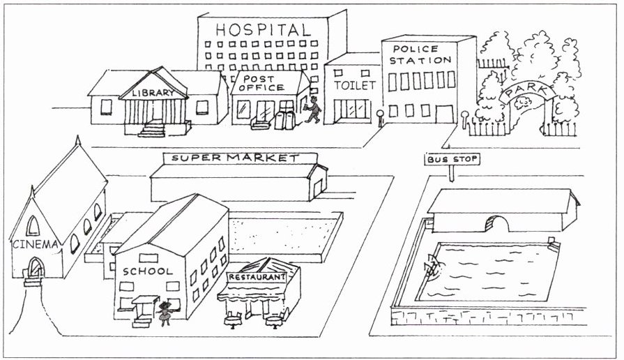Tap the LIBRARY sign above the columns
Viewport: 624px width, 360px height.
pos(153,93)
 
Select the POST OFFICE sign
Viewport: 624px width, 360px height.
pos(263,83)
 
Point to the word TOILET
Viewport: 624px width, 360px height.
pos(355,85)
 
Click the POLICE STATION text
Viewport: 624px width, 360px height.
pos(421,54)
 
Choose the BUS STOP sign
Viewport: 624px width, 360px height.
pos(452,160)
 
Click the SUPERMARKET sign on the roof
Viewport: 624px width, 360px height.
pos(235,158)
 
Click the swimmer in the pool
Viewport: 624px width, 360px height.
pos(434,266)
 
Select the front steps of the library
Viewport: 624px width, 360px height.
pos(153,130)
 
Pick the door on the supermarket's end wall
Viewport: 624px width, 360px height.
pos(317,187)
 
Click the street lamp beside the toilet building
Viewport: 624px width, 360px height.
pos(380,117)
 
